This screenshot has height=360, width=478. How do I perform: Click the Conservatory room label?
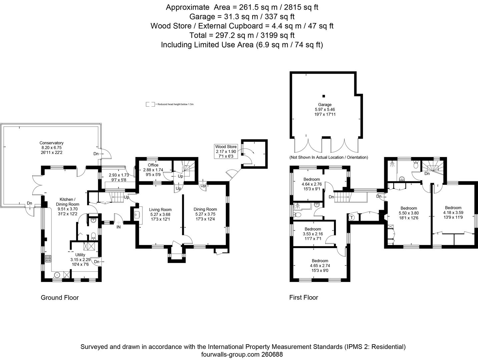coord(51,143)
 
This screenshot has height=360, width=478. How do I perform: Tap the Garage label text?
coord(325,105)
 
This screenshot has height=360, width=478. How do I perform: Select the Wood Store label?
coord(226,147)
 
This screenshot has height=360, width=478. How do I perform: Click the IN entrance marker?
coord(118,227)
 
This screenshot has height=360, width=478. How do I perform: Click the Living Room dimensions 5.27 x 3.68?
coord(160,214)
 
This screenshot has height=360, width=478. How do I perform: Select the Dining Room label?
coord(205,209)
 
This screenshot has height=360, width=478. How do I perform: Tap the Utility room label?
coord(80,255)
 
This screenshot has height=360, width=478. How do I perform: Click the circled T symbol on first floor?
coord(352,218)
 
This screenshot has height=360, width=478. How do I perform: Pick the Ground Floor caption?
coord(60,298)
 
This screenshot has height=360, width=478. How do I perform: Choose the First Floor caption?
coord(304,298)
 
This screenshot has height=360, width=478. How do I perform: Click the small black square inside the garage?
coord(324,96)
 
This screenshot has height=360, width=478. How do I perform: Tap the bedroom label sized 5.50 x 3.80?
coord(409,208)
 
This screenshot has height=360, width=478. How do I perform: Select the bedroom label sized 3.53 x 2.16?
coord(313,229)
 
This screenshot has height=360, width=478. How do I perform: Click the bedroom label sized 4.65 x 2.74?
coord(320,261)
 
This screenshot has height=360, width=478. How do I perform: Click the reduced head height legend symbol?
coord(150,104)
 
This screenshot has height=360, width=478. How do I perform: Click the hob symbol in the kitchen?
coord(47,258)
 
